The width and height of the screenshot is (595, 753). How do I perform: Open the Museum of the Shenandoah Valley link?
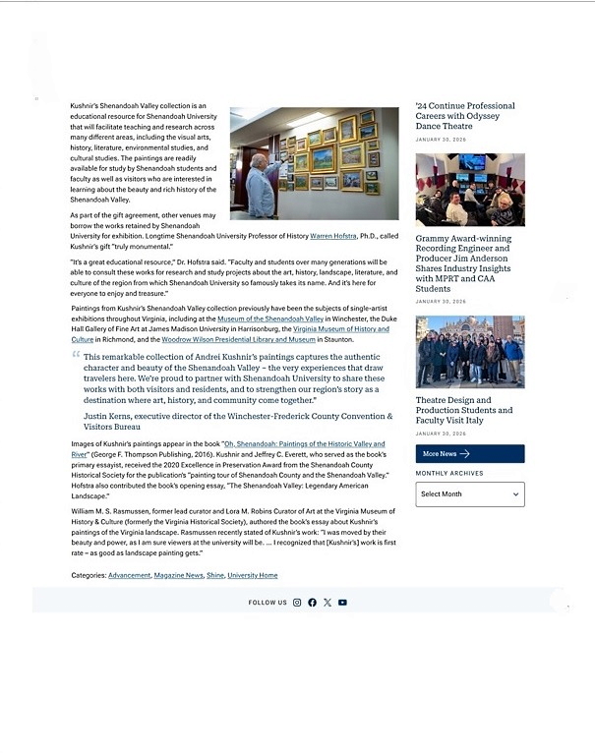click(x=270, y=319)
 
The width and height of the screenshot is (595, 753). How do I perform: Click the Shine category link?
click(x=215, y=575)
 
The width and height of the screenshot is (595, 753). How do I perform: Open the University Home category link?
click(x=253, y=575)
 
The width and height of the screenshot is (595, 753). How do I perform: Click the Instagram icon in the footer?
click(x=297, y=603)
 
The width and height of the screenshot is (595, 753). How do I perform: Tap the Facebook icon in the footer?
click(x=312, y=603)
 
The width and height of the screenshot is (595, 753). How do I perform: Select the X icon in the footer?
click(x=327, y=603)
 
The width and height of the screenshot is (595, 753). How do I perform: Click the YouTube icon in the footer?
click(x=342, y=603)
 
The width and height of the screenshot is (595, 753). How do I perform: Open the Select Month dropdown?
click(x=469, y=493)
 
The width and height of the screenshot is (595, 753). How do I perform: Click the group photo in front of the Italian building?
click(x=469, y=352)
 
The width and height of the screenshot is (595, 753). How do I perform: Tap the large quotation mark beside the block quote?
click(x=76, y=355)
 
